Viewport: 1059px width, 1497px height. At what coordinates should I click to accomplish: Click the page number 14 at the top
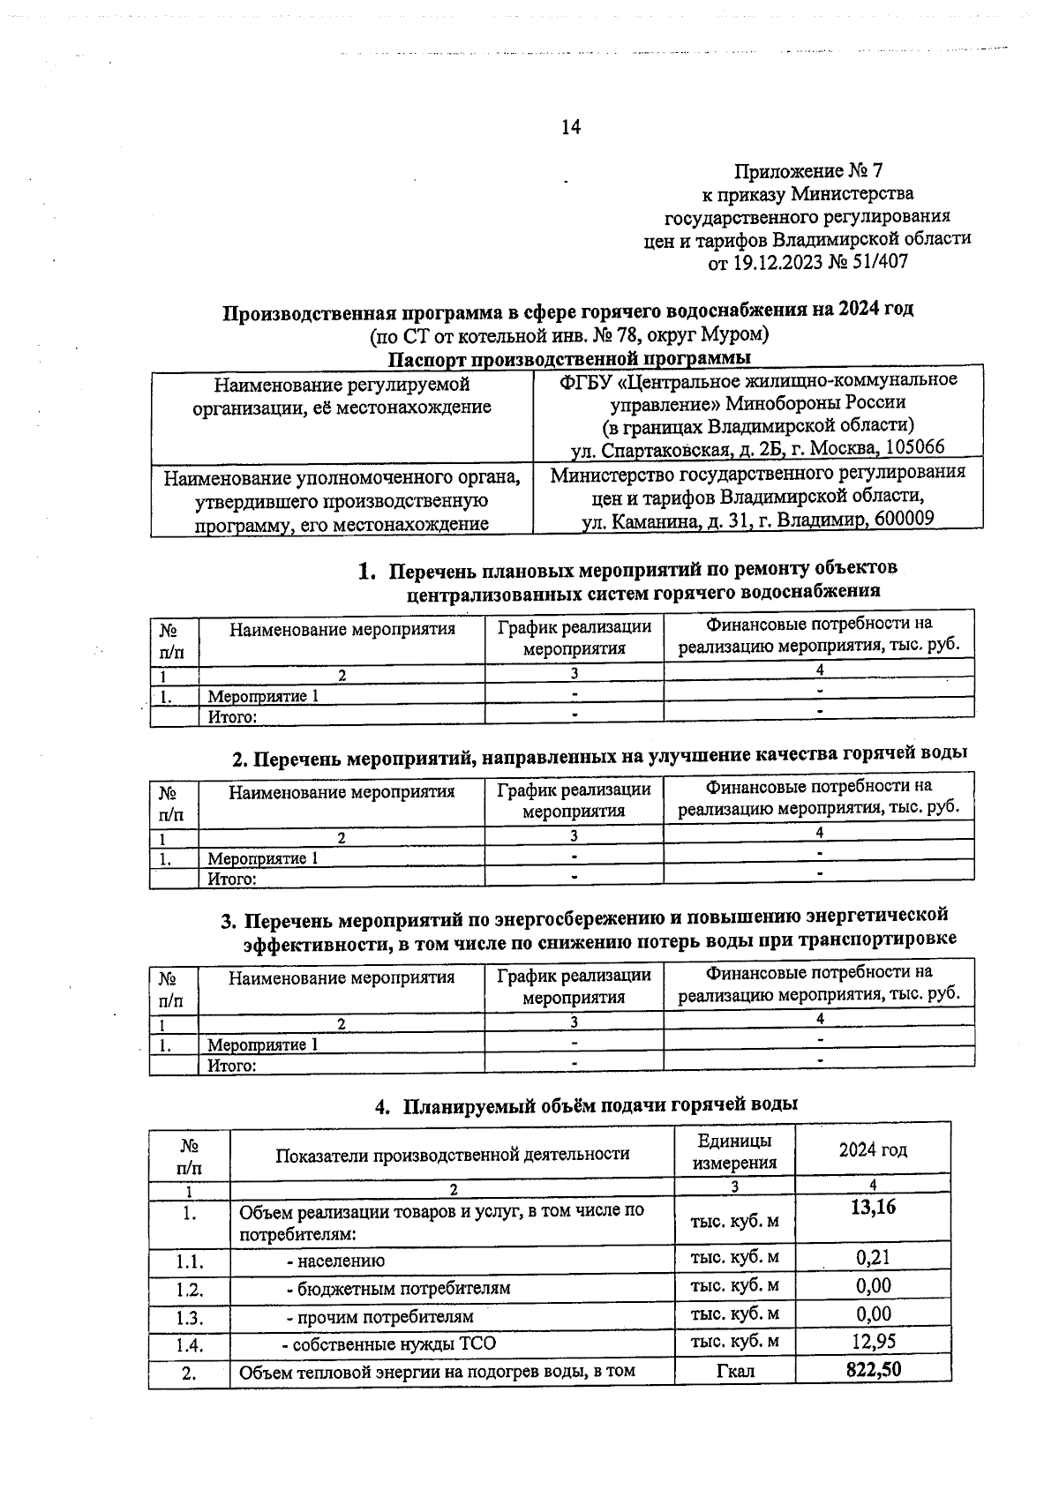[570, 127]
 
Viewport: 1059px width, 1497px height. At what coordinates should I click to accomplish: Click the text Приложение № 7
[807, 171]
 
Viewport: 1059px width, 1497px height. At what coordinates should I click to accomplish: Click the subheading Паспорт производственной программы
[570, 358]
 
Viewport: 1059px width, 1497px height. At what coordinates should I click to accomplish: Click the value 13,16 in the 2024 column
[873, 1207]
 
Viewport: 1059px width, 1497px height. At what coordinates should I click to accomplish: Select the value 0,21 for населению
[873, 1257]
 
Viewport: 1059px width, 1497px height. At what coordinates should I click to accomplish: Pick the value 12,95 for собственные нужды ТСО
[873, 1341]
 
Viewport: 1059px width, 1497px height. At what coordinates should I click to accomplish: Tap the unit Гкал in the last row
[735, 1371]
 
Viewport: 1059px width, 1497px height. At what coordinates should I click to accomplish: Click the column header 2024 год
[873, 1149]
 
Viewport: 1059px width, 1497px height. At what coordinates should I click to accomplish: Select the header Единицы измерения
[734, 1151]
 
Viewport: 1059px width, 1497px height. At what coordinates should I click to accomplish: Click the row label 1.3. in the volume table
[189, 1318]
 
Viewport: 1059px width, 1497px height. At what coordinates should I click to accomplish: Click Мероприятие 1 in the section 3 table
[262, 1044]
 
